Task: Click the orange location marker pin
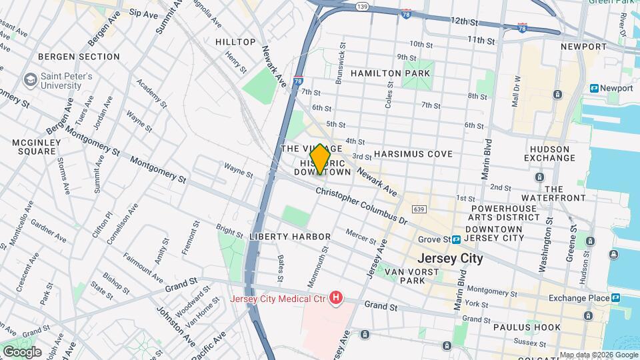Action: pyautogui.click(x=320, y=159)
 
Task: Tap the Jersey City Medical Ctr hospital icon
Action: pyautogui.click(x=337, y=297)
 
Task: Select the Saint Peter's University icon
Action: pyautogui.click(x=30, y=81)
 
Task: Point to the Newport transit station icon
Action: pyautogui.click(x=594, y=88)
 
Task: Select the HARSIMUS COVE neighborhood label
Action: pyautogui.click(x=413, y=154)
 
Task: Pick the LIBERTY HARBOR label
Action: pyautogui.click(x=290, y=237)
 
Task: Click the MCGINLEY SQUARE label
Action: pyautogui.click(x=37, y=147)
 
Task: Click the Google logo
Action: pyautogui.click(x=21, y=351)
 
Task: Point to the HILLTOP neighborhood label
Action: pyautogui.click(x=235, y=42)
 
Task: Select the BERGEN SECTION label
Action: pyautogui.click(x=79, y=57)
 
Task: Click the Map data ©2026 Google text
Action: pyautogui.click(x=598, y=355)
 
